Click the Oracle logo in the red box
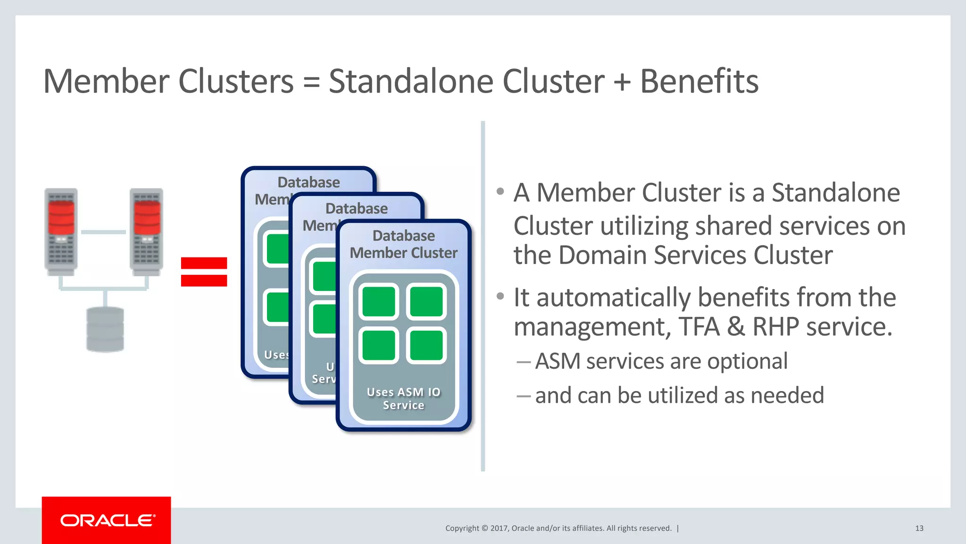[x=107, y=520]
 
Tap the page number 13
[x=919, y=528]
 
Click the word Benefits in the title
[x=699, y=81]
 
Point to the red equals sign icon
[x=204, y=272]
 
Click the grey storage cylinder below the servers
[x=105, y=330]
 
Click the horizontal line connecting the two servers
[x=103, y=232]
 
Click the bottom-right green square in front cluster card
[x=426, y=346]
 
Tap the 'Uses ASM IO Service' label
[x=403, y=399]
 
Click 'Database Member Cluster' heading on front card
[x=403, y=245]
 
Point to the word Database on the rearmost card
[x=308, y=182]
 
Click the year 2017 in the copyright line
[x=499, y=528]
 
